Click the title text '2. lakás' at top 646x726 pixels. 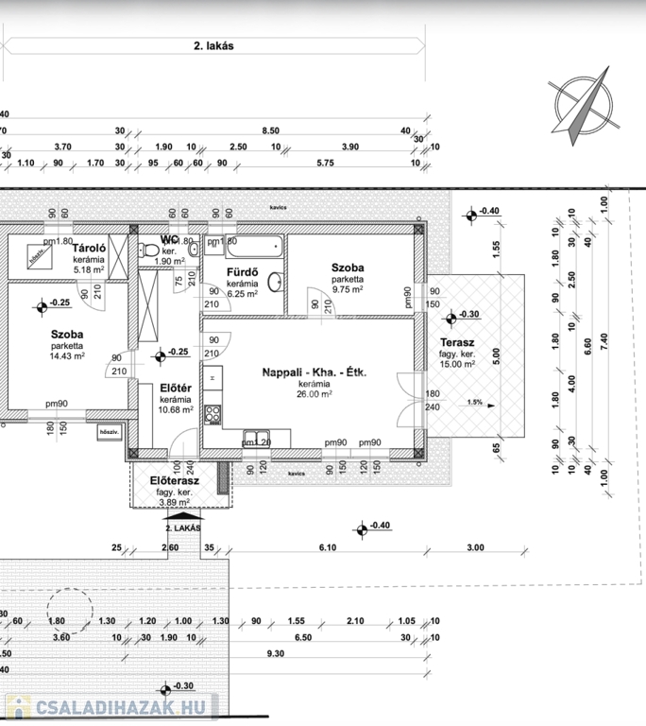tap(212, 44)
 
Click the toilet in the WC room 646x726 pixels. tap(148, 250)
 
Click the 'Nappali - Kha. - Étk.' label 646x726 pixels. tap(314, 372)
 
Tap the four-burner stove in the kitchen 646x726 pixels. tap(212, 414)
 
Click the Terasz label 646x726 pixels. tap(457, 342)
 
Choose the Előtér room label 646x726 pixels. tap(176, 388)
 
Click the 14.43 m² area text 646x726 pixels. tap(68, 356)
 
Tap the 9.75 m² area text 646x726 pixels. tap(348, 291)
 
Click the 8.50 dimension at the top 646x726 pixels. tap(271, 131)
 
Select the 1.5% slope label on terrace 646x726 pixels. tap(474, 402)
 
